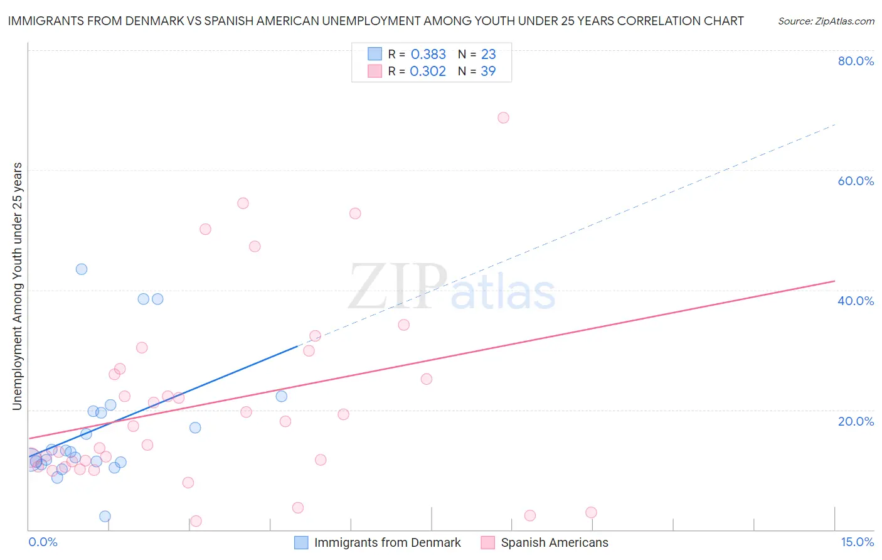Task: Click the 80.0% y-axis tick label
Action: point(856,61)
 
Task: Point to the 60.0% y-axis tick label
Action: point(856,181)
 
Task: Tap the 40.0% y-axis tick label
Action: point(856,301)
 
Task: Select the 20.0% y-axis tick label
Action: point(856,421)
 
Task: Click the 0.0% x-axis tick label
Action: point(43,542)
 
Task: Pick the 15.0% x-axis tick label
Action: point(857,542)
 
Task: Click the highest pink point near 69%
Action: point(503,117)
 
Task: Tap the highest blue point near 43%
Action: point(82,269)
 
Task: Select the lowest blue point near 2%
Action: point(105,516)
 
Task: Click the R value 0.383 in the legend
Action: point(428,54)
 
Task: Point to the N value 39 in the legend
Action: point(488,71)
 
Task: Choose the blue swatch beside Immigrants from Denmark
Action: point(301,542)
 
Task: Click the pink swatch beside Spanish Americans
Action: point(488,542)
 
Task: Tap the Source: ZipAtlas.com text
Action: point(826,21)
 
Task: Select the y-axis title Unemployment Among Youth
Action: point(17,286)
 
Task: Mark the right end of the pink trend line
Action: point(835,281)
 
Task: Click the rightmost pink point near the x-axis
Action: point(591,512)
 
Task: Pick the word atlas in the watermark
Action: point(503,293)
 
